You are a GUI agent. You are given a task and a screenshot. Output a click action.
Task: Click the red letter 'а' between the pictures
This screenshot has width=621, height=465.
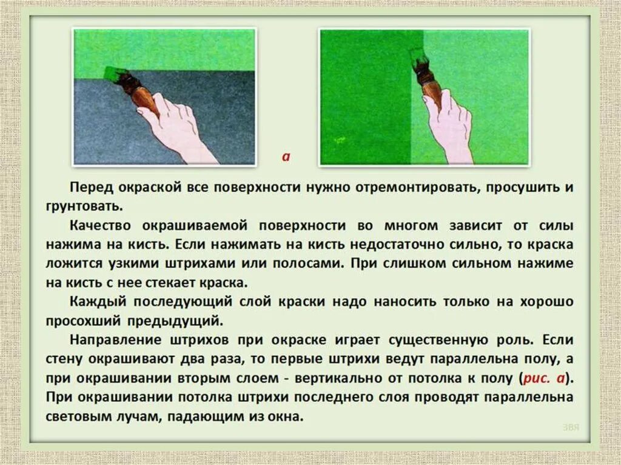pyautogui.click(x=286, y=156)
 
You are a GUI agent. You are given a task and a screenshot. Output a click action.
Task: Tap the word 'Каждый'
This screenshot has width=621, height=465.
pyautogui.click(x=96, y=302)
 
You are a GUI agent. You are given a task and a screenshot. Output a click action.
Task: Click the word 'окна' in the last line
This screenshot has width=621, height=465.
pyautogui.click(x=286, y=417)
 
